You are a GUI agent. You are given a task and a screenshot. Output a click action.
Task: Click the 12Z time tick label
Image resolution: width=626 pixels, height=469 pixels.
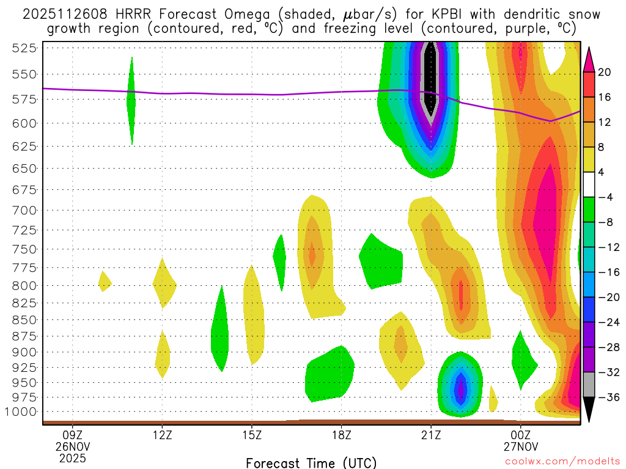pyautogui.click(x=162, y=435)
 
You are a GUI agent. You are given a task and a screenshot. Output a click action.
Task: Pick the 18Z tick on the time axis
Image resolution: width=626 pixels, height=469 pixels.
pyautogui.click(x=341, y=435)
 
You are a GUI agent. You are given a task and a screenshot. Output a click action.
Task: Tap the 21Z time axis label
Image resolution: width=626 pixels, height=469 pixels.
pyautogui.click(x=431, y=435)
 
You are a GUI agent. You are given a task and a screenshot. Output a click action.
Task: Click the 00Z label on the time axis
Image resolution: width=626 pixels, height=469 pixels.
pyautogui.click(x=520, y=435)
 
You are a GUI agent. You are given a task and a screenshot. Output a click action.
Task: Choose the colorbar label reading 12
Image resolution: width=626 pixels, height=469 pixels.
pyautogui.click(x=605, y=123)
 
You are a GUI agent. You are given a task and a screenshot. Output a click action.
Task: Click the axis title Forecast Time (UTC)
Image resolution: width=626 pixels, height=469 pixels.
pyautogui.click(x=311, y=463)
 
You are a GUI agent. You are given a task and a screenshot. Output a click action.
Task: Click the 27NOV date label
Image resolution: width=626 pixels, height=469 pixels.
pyautogui.click(x=520, y=446)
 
